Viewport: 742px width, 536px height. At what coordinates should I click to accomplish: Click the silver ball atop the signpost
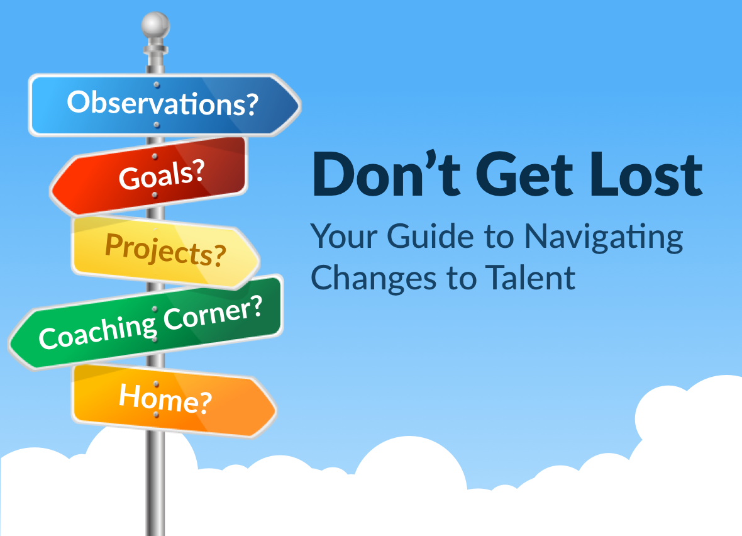coord(156,26)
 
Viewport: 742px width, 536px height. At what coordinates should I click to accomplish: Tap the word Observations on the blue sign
coord(155,103)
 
